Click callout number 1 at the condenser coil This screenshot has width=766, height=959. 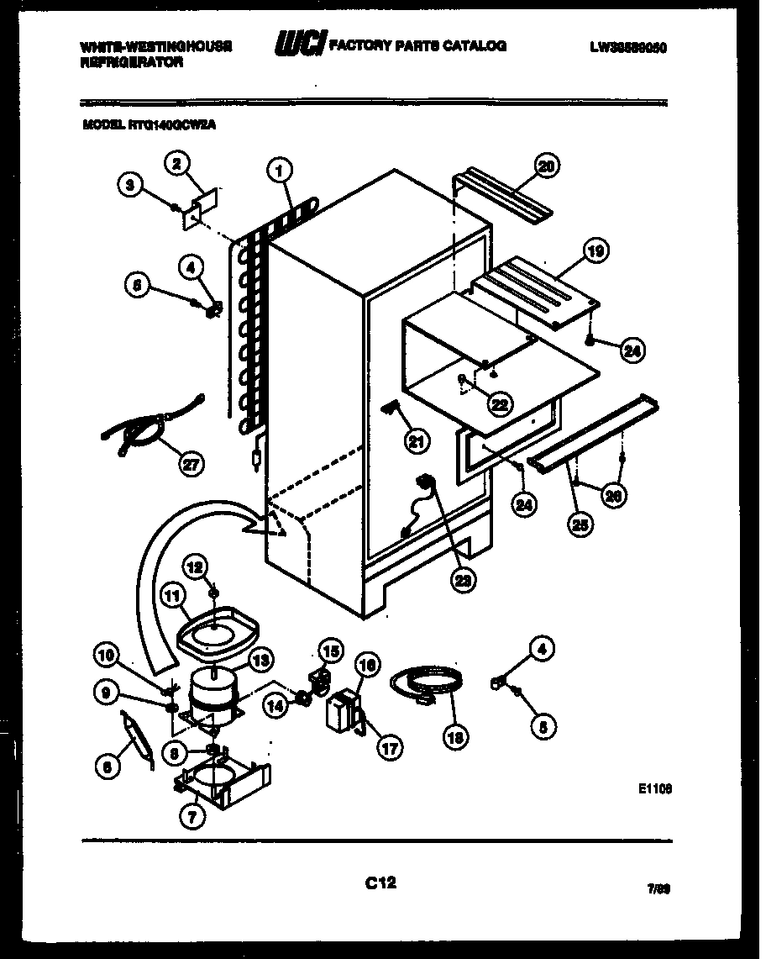click(280, 171)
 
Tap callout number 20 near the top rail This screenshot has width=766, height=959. click(546, 166)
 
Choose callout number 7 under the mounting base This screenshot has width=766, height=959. click(193, 814)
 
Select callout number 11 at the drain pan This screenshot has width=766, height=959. click(171, 598)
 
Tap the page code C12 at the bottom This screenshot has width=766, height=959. click(380, 883)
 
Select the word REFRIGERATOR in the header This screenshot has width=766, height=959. click(132, 62)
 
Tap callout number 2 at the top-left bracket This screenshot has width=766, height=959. click(175, 164)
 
